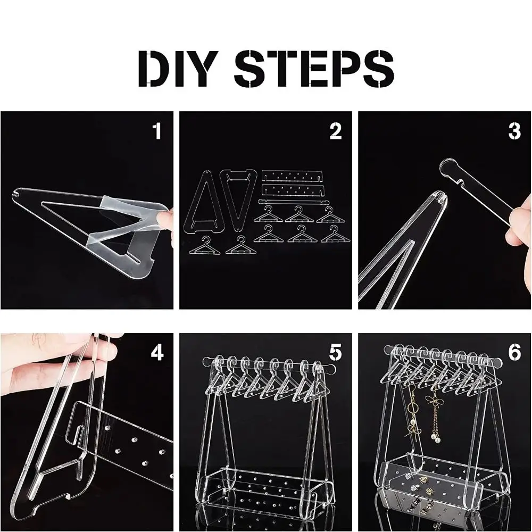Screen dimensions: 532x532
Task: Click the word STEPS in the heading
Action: pos(314,68)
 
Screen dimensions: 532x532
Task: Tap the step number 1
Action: pos(157,131)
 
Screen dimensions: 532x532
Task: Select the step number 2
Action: pos(336,131)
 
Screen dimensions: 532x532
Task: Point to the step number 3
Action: pos(514,131)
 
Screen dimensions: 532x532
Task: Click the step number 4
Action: pos(157,353)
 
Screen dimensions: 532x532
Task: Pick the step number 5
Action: pos(336,353)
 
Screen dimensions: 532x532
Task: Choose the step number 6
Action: pos(514,353)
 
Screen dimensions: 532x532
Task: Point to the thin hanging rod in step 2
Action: pos(294,202)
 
